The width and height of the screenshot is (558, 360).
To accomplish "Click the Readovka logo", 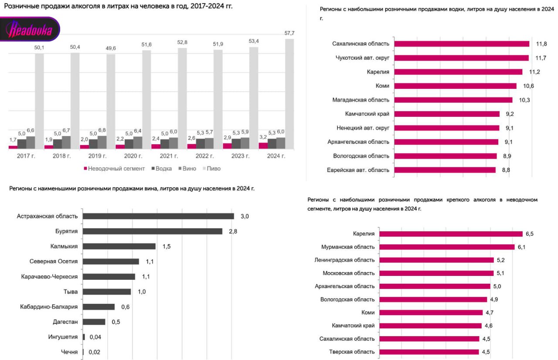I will pyautogui.click(x=30, y=30).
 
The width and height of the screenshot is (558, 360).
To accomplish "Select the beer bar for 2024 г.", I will pyautogui.click(x=289, y=94).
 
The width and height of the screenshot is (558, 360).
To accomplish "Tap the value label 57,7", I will pyautogui.click(x=289, y=34).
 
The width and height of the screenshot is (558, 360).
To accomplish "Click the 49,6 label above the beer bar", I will pyautogui.click(x=111, y=48).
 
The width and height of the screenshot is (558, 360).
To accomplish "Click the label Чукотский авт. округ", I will pyautogui.click(x=362, y=58).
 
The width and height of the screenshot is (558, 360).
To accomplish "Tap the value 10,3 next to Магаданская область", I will pyautogui.click(x=524, y=100).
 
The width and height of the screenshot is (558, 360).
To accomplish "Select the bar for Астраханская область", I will pyautogui.click(x=158, y=216).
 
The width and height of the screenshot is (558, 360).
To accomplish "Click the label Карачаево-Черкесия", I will pyautogui.click(x=49, y=277).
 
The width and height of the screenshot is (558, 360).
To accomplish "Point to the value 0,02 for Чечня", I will pyautogui.click(x=94, y=352).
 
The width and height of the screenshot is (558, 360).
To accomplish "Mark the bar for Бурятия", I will pyautogui.click(x=153, y=231).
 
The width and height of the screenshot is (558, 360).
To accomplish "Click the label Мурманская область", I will pyautogui.click(x=347, y=247).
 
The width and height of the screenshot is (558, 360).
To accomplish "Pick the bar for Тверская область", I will pyautogui.click(x=429, y=352).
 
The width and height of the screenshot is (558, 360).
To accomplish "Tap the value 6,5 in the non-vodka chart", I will pyautogui.click(x=530, y=234).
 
